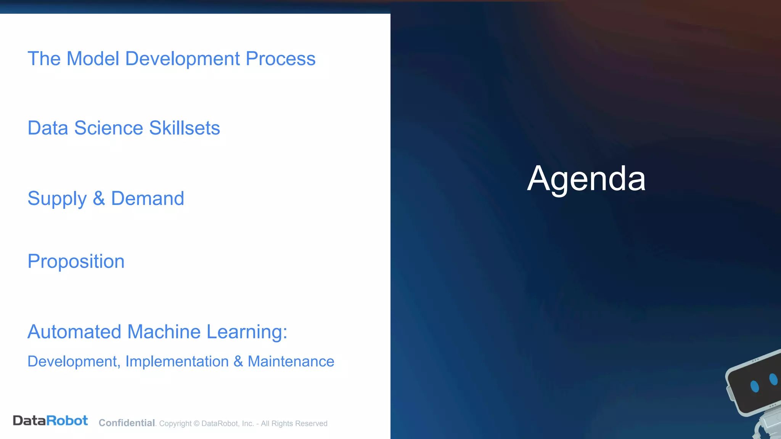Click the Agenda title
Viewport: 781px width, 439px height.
click(586, 179)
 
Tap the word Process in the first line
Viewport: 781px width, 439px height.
click(280, 59)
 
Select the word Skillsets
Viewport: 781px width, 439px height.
click(185, 128)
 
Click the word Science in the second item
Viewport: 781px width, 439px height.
click(109, 128)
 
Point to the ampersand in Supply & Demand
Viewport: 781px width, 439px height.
click(99, 199)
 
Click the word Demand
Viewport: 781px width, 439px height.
click(148, 199)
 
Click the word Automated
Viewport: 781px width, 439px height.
click(74, 332)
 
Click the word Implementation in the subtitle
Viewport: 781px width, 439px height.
click(177, 362)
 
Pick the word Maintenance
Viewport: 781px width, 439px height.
click(291, 362)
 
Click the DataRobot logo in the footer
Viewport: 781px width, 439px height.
click(50, 421)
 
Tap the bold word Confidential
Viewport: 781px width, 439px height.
click(127, 423)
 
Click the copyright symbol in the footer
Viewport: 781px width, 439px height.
click(196, 424)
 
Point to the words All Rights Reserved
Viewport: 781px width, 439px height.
click(294, 424)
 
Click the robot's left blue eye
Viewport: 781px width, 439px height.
click(754, 386)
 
